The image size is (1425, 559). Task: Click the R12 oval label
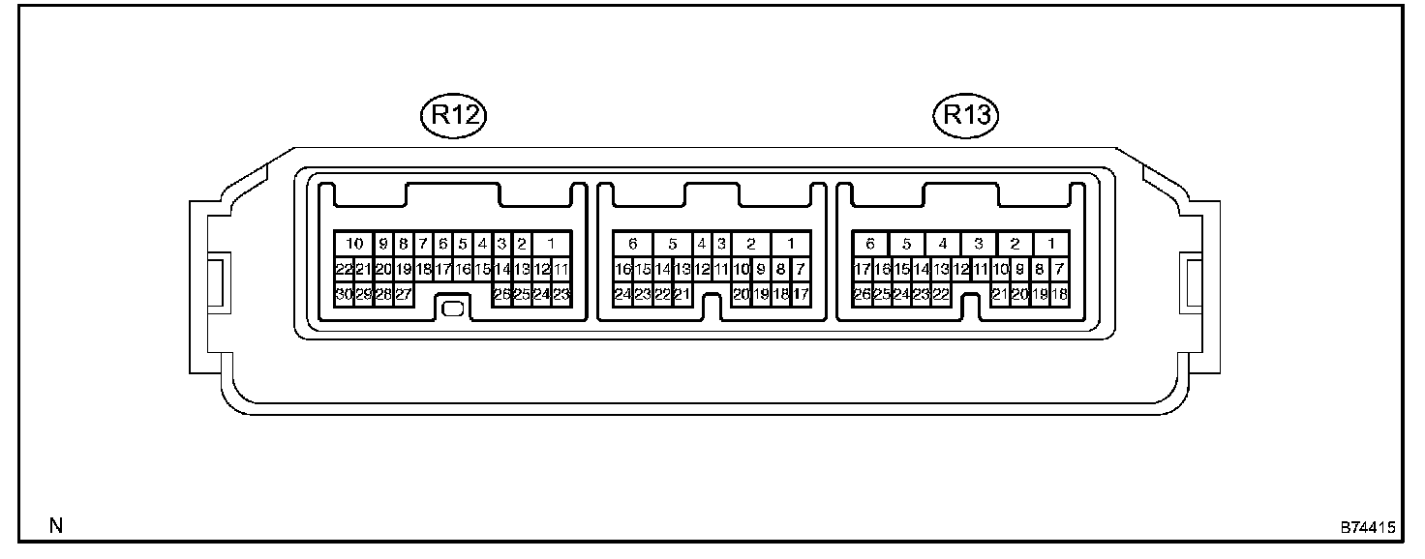452,115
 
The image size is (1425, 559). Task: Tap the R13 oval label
966,115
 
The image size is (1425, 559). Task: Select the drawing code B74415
1367,528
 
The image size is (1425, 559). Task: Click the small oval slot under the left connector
452,309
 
